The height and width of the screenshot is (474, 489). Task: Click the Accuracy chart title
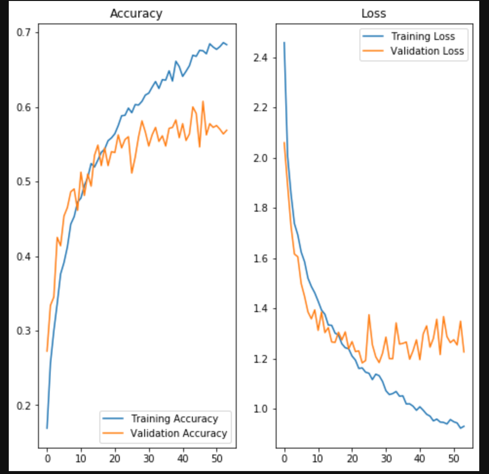pyautogui.click(x=136, y=14)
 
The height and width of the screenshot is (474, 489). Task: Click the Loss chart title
pyautogui.click(x=374, y=14)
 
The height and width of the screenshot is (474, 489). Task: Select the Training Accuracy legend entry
pyautogui.click(x=174, y=419)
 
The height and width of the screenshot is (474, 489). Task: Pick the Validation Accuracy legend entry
pyautogui.click(x=178, y=433)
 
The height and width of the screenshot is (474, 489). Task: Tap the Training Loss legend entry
pyautogui.click(x=423, y=37)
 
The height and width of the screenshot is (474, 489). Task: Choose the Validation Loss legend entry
pyautogui.click(x=427, y=51)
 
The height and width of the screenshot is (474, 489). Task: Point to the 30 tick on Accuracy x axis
pyautogui.click(x=149, y=459)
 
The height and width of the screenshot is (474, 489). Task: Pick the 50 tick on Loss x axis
pyautogui.click(x=453, y=459)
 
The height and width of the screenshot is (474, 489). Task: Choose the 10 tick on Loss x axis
pyautogui.click(x=318, y=459)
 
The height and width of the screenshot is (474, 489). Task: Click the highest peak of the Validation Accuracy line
pyautogui.click(x=203, y=101)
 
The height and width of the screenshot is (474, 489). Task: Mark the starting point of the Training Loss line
pyautogui.click(x=284, y=42)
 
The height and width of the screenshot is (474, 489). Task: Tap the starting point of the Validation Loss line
pyautogui.click(x=284, y=142)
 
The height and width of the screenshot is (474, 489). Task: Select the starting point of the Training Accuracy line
pyautogui.click(x=47, y=428)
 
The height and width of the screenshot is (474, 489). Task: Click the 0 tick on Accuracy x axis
pyautogui.click(x=47, y=459)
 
